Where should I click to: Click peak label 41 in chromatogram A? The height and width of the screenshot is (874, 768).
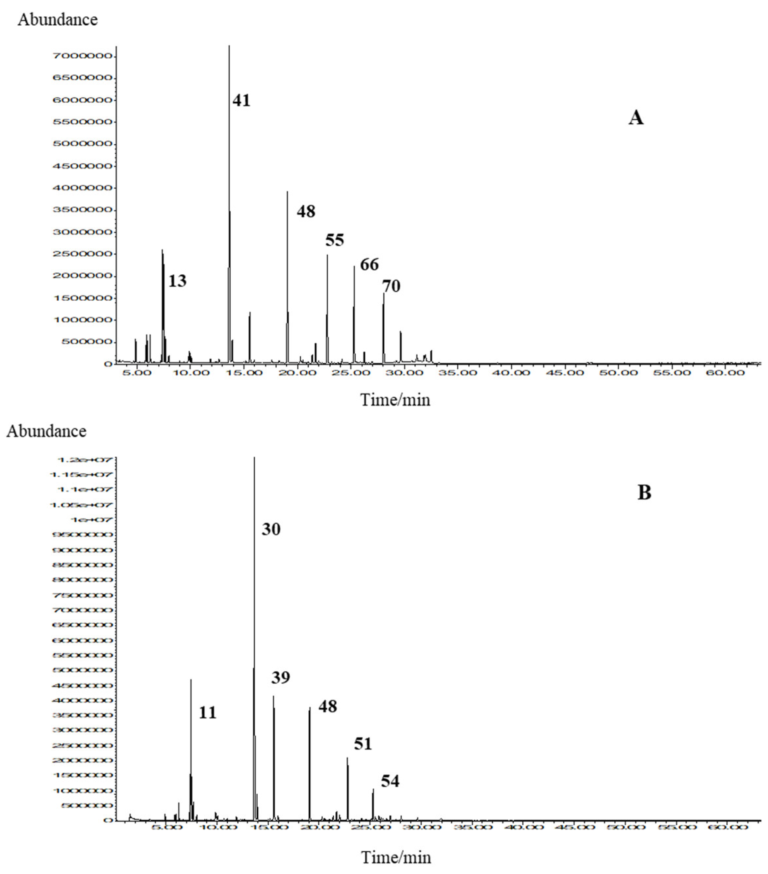tap(241, 100)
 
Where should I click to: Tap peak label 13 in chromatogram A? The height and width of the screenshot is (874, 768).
tap(177, 281)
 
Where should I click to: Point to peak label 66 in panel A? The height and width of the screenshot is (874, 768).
tap(369, 265)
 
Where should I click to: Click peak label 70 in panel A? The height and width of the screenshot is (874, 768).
tap(391, 286)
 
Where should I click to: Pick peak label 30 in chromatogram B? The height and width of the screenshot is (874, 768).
tap(271, 529)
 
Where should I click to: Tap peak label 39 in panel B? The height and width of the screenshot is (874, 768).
tap(281, 677)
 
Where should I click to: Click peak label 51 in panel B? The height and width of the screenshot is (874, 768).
tap(363, 744)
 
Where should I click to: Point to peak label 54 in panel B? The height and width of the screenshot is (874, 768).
tap(390, 781)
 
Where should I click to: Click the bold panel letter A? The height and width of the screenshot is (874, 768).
tap(636, 117)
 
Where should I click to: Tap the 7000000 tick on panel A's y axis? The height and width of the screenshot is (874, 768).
tap(82, 56)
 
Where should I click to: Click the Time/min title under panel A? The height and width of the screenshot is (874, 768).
tap(395, 400)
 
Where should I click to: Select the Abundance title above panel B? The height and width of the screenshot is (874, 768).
tap(46, 431)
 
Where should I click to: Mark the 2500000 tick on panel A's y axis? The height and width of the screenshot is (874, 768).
tap(82, 254)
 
